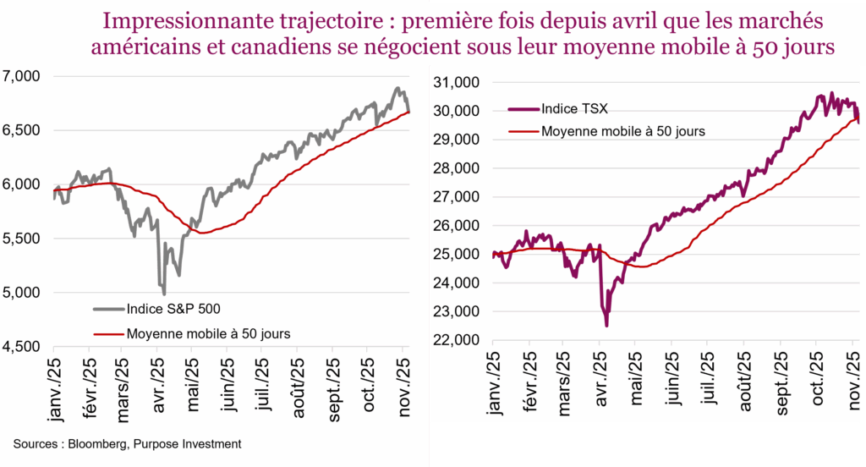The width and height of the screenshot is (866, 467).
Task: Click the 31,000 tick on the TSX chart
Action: (x=457, y=82)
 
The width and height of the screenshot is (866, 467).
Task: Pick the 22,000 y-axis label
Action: (x=457, y=340)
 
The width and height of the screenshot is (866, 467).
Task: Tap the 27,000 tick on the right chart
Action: (x=457, y=197)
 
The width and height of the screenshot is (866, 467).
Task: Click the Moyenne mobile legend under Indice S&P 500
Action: (x=208, y=333)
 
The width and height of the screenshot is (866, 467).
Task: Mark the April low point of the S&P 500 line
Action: (x=163, y=293)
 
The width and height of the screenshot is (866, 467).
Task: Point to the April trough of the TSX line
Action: (x=606, y=325)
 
